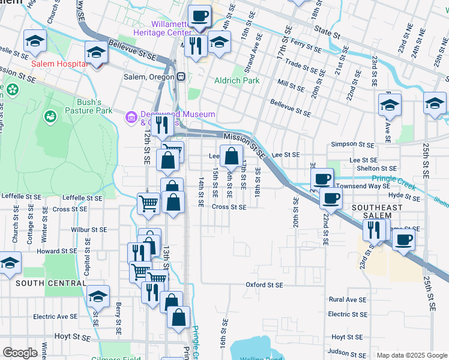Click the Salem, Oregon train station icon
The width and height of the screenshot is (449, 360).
(180, 77)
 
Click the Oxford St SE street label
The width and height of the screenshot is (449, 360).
(264, 285)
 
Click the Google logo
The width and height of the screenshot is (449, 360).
(20, 353)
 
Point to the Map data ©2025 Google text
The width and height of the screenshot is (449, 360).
(412, 355)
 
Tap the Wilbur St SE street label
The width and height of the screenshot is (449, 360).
(88, 230)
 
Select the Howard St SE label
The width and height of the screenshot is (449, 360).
(58, 251)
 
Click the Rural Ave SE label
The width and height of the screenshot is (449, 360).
(347, 299)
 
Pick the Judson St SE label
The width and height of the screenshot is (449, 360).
(347, 353)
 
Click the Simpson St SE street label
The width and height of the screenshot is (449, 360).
(352, 145)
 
